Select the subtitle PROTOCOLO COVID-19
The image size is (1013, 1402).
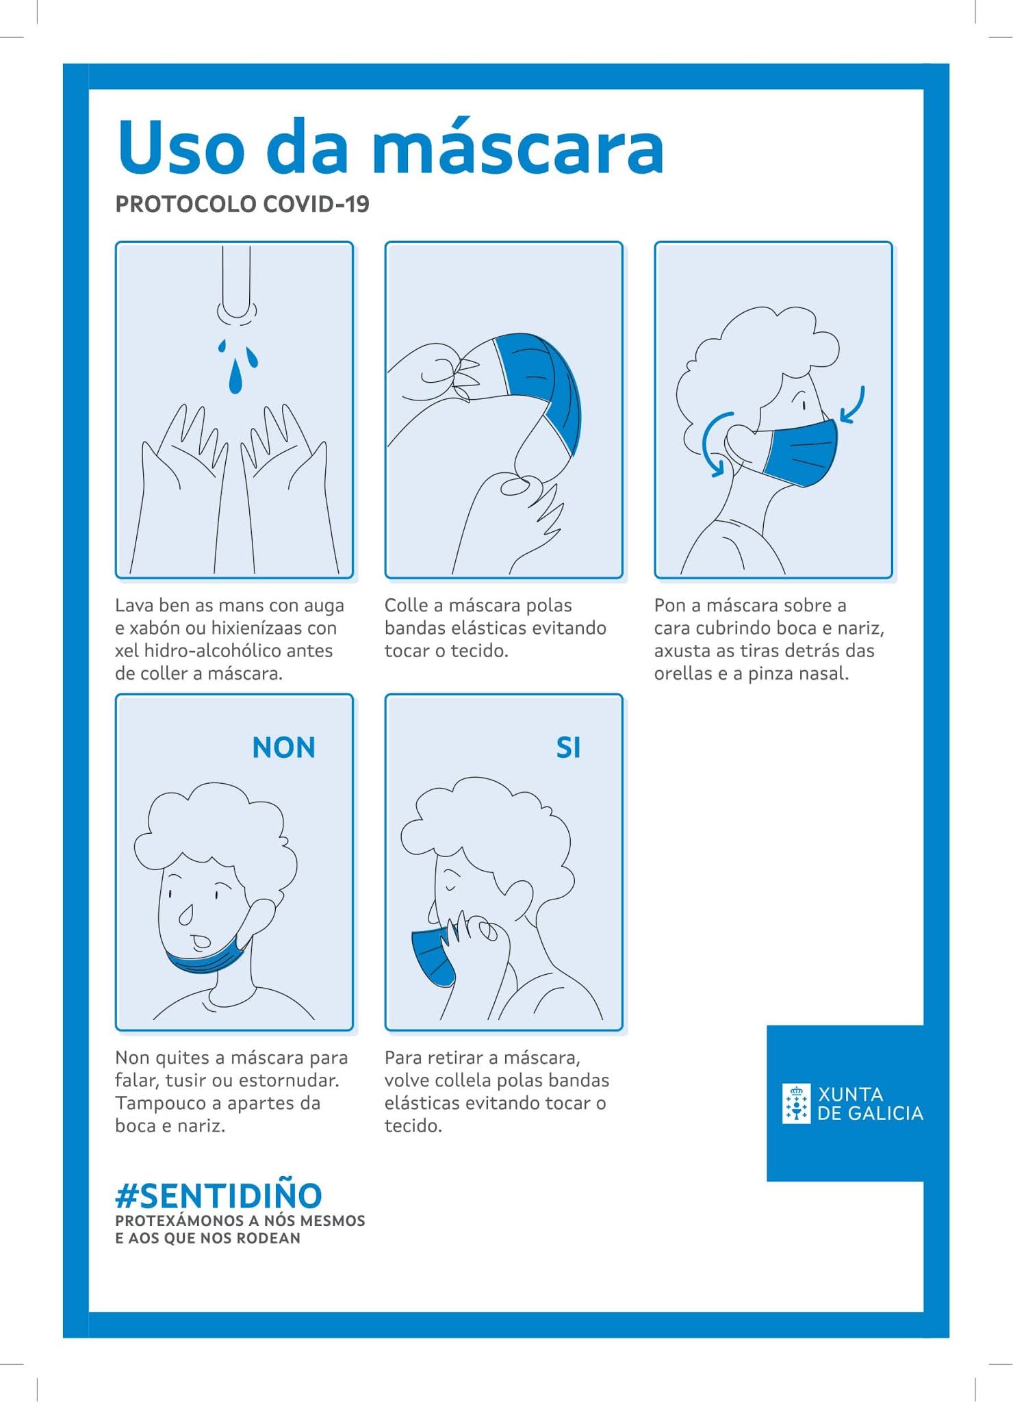[x=242, y=204]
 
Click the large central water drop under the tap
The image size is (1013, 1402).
[x=235, y=377]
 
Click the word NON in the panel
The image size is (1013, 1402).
[x=284, y=748]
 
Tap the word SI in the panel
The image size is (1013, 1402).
[x=568, y=748]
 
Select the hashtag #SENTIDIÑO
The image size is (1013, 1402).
[x=218, y=1195]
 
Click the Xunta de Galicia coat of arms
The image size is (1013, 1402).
[x=797, y=1104]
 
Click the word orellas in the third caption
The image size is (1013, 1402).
[x=683, y=674]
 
